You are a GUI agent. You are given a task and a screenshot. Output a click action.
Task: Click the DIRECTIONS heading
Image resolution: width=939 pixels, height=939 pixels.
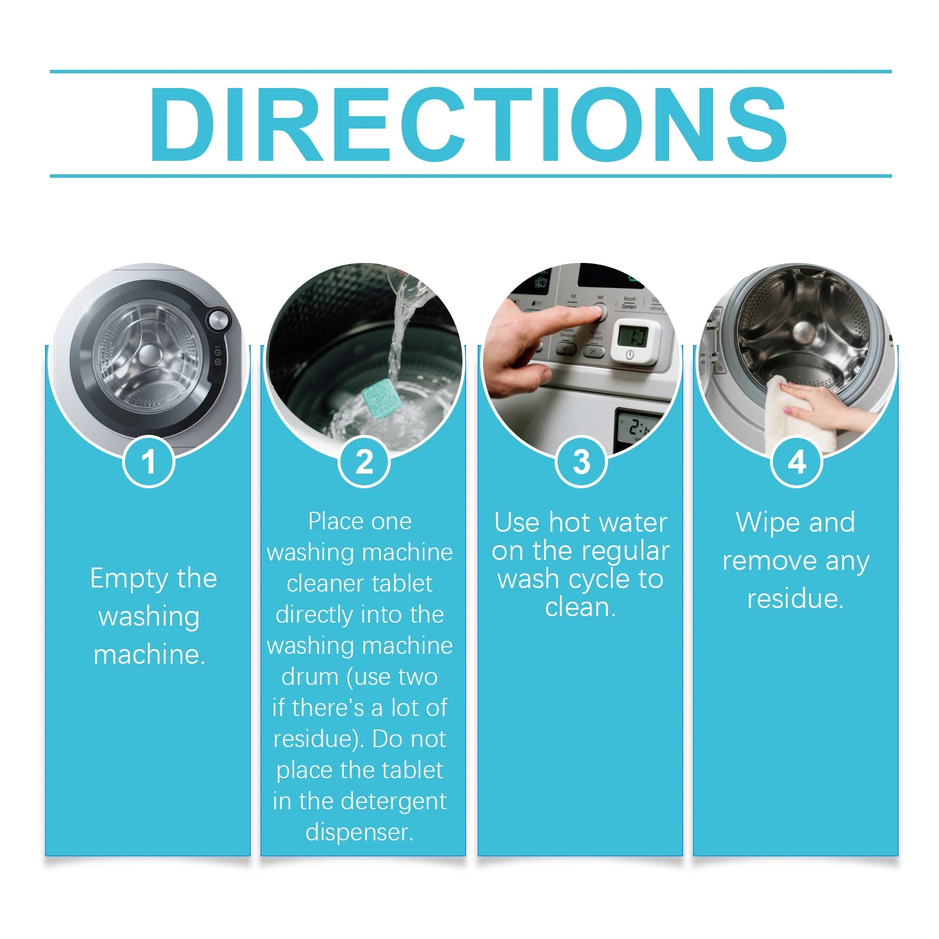pyautogui.click(x=468, y=124)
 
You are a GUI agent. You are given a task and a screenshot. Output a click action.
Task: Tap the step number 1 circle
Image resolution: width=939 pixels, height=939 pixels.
pyautogui.click(x=148, y=461)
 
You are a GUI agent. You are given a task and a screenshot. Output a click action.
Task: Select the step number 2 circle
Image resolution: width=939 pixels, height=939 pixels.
pyautogui.click(x=364, y=461)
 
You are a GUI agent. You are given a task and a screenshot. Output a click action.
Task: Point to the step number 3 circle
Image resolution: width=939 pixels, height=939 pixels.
pyautogui.click(x=581, y=461)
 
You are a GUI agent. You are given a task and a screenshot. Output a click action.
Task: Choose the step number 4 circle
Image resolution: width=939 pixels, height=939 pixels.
pyautogui.click(x=796, y=461)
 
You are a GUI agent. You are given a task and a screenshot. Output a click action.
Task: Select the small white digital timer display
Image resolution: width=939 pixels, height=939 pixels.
pyautogui.click(x=635, y=341)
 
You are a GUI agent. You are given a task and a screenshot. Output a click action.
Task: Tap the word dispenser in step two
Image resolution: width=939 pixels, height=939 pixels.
pyautogui.click(x=360, y=832)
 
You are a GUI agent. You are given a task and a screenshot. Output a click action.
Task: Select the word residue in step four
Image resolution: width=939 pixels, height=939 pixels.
pyautogui.click(x=795, y=599)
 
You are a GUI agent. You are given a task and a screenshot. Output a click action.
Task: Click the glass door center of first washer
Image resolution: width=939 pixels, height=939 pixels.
pyautogui.click(x=148, y=354)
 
